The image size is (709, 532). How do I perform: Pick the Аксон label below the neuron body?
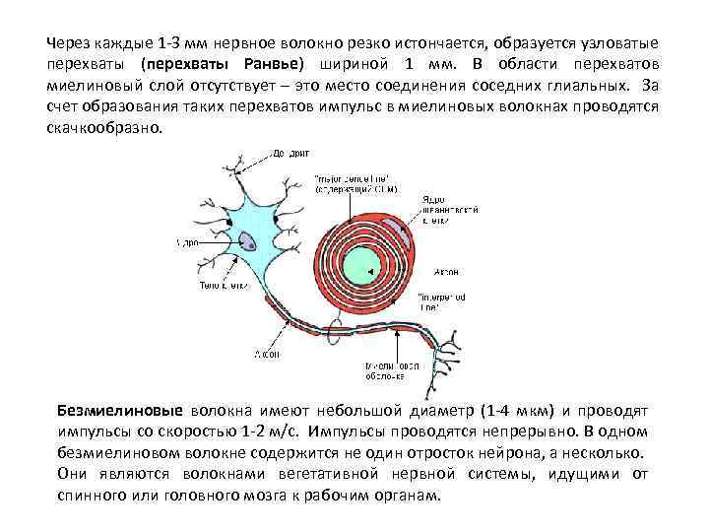(268, 353)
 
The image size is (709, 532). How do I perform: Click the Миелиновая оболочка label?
(387, 369)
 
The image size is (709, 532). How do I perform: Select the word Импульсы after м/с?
(343, 432)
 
